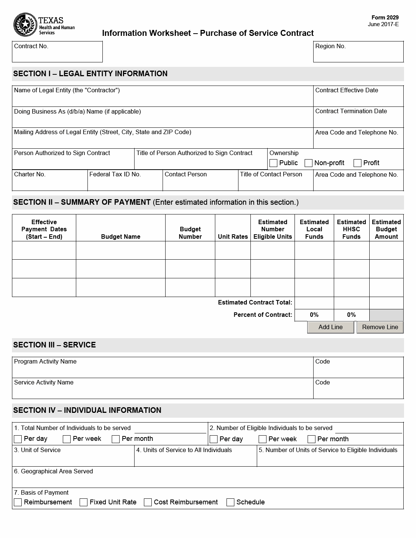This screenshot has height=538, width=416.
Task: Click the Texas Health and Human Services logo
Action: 44,25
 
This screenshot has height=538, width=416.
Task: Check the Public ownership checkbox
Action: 273,163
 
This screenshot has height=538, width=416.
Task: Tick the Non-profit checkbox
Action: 308,163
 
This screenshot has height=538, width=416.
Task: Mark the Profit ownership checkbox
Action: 357,163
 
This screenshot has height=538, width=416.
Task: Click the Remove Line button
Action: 380,327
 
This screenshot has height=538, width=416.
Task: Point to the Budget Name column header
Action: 120,236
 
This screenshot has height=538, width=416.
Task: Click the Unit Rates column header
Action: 232,236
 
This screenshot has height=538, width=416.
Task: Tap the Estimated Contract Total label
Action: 255,302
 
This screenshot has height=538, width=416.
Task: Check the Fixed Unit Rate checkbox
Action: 84,503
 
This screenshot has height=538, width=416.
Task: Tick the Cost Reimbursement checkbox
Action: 148,503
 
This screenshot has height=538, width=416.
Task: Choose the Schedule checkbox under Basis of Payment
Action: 231,503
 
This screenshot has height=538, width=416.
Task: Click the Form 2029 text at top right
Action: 385,18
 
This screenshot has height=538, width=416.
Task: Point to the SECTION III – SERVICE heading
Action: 55,345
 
